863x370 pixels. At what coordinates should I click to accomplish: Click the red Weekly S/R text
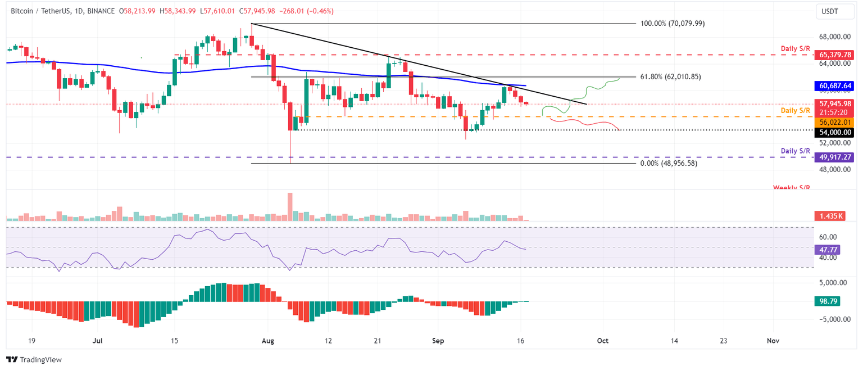click(791, 187)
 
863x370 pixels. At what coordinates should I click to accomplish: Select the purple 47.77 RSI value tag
click(825, 247)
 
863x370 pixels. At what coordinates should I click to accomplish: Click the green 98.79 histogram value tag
click(825, 301)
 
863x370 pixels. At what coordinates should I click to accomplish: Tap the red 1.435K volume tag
click(829, 216)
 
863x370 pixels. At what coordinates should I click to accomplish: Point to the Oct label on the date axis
click(602, 340)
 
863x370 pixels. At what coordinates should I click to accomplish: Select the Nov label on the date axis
click(773, 340)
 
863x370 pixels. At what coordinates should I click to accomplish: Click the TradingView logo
click(34, 359)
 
